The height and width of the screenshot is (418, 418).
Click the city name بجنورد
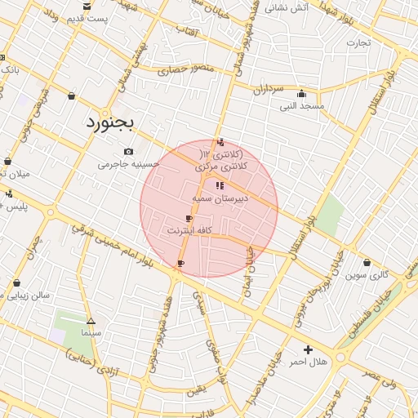pyautogui.click(x=113, y=124)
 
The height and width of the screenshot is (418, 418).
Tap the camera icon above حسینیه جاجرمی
pyautogui.click(x=129, y=151)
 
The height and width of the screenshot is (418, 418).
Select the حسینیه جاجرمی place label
pyautogui.click(x=127, y=164)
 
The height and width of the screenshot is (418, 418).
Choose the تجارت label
pyautogui.click(x=358, y=42)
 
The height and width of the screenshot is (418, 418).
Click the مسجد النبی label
pyautogui.click(x=302, y=106)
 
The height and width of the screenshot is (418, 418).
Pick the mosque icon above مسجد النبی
pyautogui.click(x=302, y=93)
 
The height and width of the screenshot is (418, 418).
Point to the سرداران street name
pyautogui.click(x=267, y=88)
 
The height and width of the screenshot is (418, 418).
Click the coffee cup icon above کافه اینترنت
pyautogui.click(x=189, y=219)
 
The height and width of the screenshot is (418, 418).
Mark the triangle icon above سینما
pyautogui.click(x=91, y=321)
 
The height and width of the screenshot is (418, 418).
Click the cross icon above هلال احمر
pyautogui.click(x=308, y=349)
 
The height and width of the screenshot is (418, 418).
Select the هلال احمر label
pyautogui.click(x=308, y=362)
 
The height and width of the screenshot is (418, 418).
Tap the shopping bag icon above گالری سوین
pyautogui.click(x=367, y=263)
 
